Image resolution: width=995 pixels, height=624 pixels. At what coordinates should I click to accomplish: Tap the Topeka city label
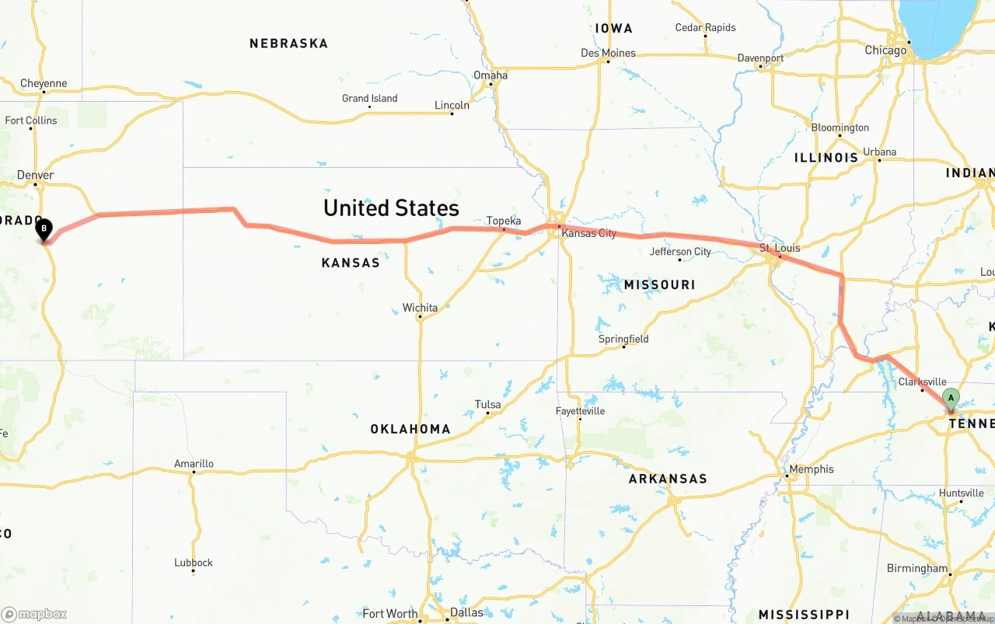pyautogui.click(x=504, y=221)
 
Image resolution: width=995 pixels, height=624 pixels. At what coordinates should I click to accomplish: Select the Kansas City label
pyautogui.click(x=588, y=233)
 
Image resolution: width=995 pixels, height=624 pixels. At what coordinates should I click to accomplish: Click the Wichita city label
pyautogui.click(x=420, y=308)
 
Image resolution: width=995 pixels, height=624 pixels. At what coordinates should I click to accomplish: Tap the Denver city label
pyautogui.click(x=36, y=175)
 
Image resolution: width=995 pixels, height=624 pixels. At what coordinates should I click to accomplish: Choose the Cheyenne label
pyautogui.click(x=44, y=83)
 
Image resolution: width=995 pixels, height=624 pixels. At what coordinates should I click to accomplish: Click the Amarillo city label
pyautogui.click(x=194, y=464)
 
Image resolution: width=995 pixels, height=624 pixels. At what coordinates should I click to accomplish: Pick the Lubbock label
pyautogui.click(x=194, y=563)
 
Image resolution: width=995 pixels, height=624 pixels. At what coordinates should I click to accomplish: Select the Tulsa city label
pyautogui.click(x=488, y=404)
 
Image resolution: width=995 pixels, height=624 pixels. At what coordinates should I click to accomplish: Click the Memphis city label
pyautogui.click(x=811, y=469)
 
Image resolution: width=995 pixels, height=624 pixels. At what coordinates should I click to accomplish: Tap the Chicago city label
pyautogui.click(x=885, y=50)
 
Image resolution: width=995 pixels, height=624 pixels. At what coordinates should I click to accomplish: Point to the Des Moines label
pyautogui.click(x=608, y=53)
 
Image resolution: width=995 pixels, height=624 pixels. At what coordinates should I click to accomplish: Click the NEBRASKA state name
pyautogui.click(x=288, y=44)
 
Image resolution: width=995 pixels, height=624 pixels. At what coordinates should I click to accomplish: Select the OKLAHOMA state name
pyautogui.click(x=410, y=429)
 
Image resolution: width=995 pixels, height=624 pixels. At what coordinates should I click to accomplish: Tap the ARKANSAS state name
pyautogui.click(x=668, y=479)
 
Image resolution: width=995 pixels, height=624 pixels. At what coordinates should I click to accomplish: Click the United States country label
pyautogui.click(x=391, y=208)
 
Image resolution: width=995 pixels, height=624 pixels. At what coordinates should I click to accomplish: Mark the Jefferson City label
pyautogui.click(x=680, y=251)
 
